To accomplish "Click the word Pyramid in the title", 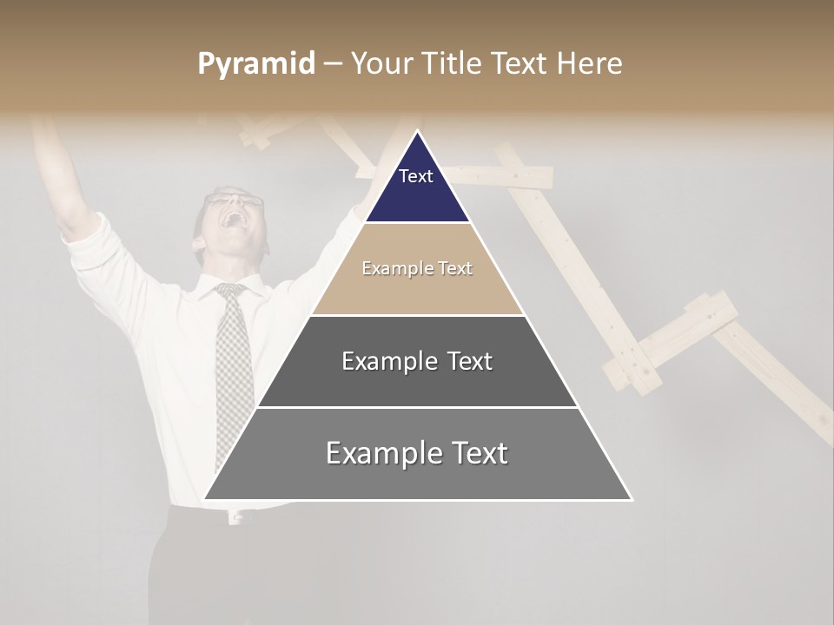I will pyautogui.click(x=255, y=64).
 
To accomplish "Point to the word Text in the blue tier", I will pyautogui.click(x=416, y=176).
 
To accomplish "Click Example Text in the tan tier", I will pyautogui.click(x=417, y=268).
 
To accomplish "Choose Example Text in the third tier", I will pyautogui.click(x=417, y=361).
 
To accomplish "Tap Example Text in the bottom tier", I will pyautogui.click(x=417, y=453).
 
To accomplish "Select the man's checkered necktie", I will pyautogui.click(x=233, y=365).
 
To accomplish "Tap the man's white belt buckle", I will pyautogui.click(x=234, y=517).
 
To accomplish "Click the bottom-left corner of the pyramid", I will pyautogui.click(x=205, y=499).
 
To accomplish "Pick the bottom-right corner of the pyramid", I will pyautogui.click(x=632, y=499).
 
